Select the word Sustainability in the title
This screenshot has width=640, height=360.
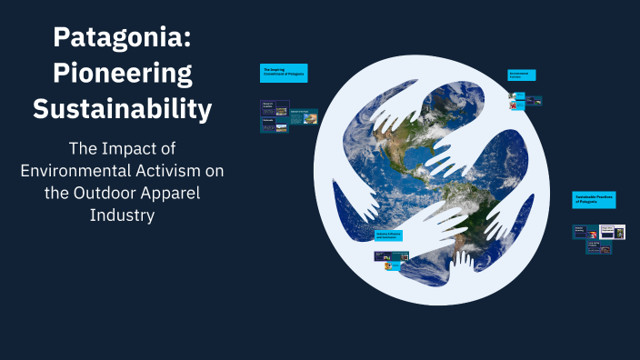pyautogui.click(x=122, y=108)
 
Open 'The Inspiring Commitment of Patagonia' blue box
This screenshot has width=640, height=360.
pyautogui.click(x=284, y=74)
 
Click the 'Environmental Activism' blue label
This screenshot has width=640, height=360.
pyautogui.click(x=521, y=75)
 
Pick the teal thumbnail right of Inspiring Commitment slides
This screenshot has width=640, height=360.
pyautogui.click(x=304, y=116)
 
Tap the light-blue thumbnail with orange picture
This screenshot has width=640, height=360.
pyautogui.click(x=518, y=105)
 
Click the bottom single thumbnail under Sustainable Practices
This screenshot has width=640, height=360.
pyautogui.click(x=598, y=247)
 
